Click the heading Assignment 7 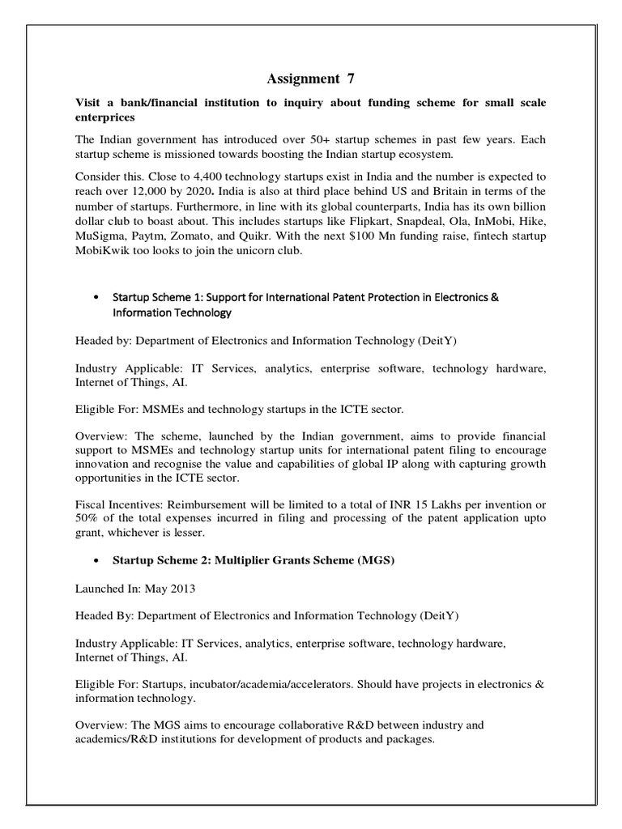pos(310,79)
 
